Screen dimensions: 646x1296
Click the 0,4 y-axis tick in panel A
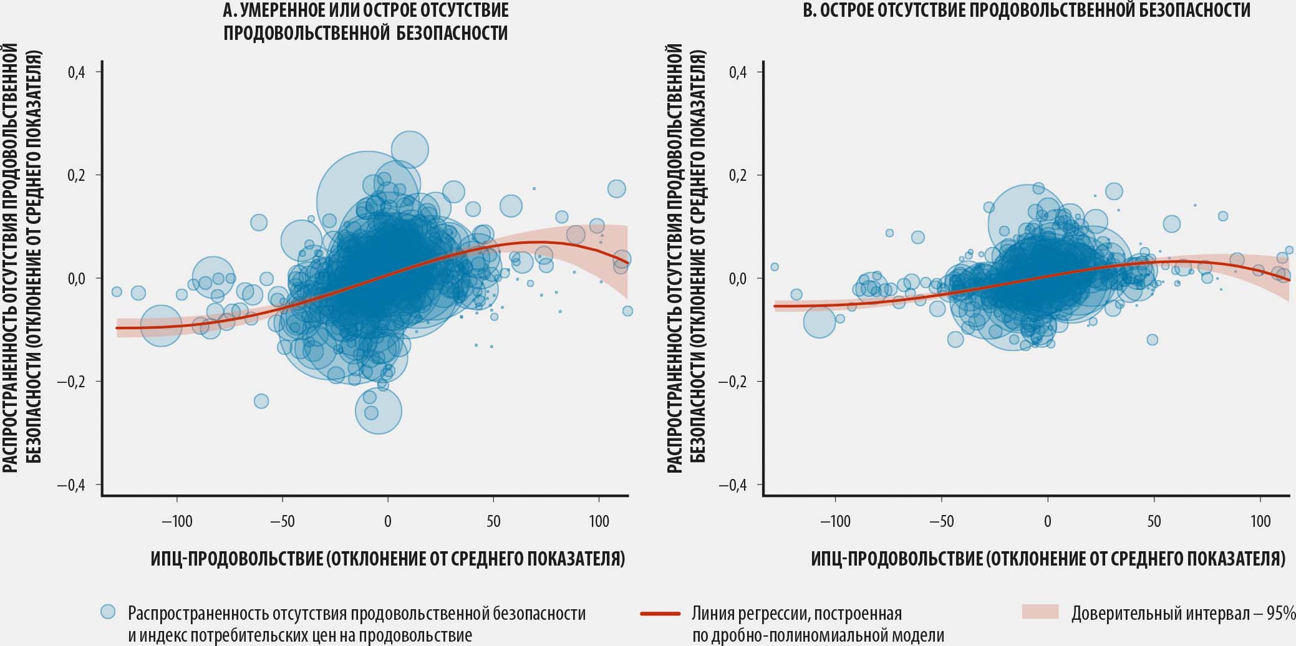click(77, 72)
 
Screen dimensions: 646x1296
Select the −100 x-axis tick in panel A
click(177, 521)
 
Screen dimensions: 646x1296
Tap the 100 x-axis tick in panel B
click(1260, 521)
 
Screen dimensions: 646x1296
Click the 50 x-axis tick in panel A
click(493, 521)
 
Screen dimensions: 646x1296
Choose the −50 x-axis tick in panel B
click(941, 521)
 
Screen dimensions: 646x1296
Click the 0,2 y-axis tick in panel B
click(738, 175)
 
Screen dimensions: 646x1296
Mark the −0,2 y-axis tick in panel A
click(71, 382)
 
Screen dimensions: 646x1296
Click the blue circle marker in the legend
click(109, 612)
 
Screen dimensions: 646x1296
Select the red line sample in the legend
click(660, 614)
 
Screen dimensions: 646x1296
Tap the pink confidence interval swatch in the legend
click(1040, 612)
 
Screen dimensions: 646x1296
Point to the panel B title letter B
click(808, 10)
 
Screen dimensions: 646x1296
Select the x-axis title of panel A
click(387, 558)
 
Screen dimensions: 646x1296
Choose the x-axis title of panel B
click(1048, 558)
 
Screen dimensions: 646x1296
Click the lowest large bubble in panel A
click(379, 411)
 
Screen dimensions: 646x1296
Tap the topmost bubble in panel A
click(410, 150)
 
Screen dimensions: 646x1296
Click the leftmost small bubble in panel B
click(775, 267)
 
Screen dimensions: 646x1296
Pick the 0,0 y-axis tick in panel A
click(77, 279)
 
